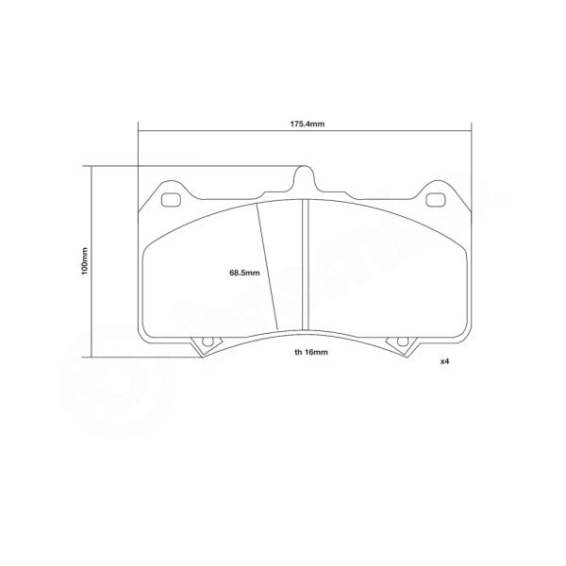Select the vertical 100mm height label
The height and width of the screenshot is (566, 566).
pyautogui.click(x=83, y=261)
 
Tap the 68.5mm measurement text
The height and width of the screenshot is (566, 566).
pyautogui.click(x=243, y=274)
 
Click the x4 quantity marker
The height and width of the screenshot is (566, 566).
pyautogui.click(x=444, y=362)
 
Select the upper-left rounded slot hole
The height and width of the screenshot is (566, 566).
pyautogui.click(x=173, y=200)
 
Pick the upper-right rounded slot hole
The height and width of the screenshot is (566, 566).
pyautogui.click(x=436, y=200)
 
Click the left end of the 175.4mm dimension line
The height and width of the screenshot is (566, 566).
pyautogui.click(x=138, y=134)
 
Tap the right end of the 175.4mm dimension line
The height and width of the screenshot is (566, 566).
pyautogui.click(x=472, y=134)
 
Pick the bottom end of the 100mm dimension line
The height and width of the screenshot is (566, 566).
pyautogui.click(x=92, y=357)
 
